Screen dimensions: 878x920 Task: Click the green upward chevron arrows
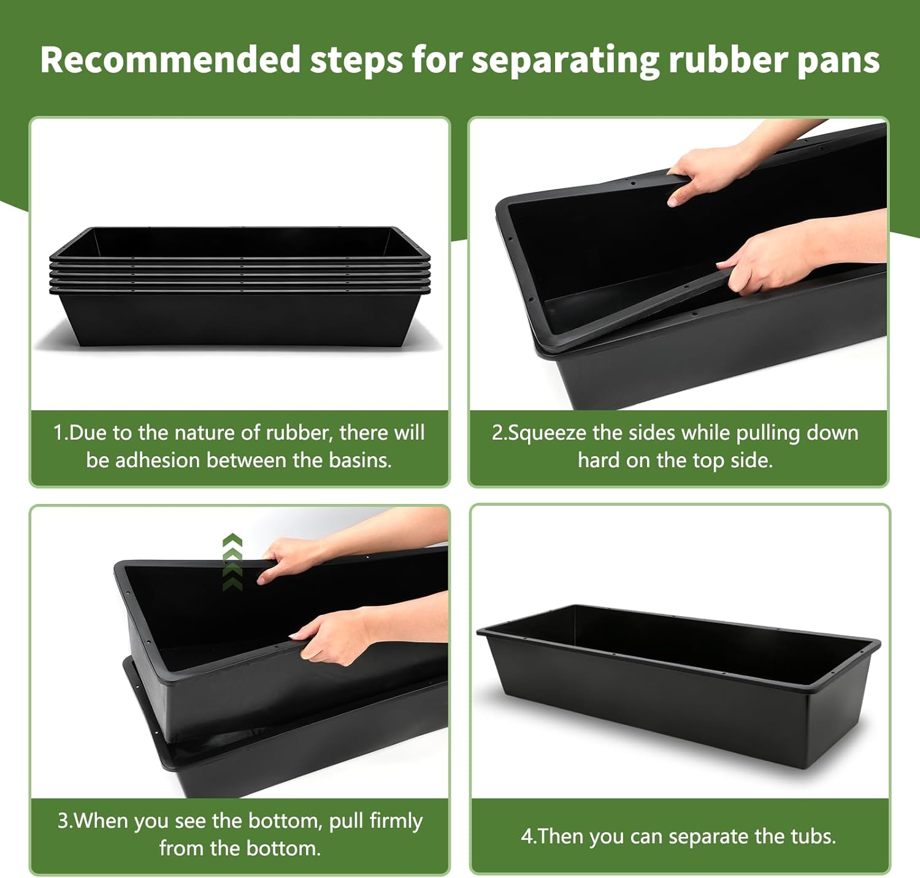[x=232, y=562]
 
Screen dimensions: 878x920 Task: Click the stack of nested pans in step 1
[x=239, y=285]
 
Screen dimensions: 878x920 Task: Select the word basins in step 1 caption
[x=359, y=460]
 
